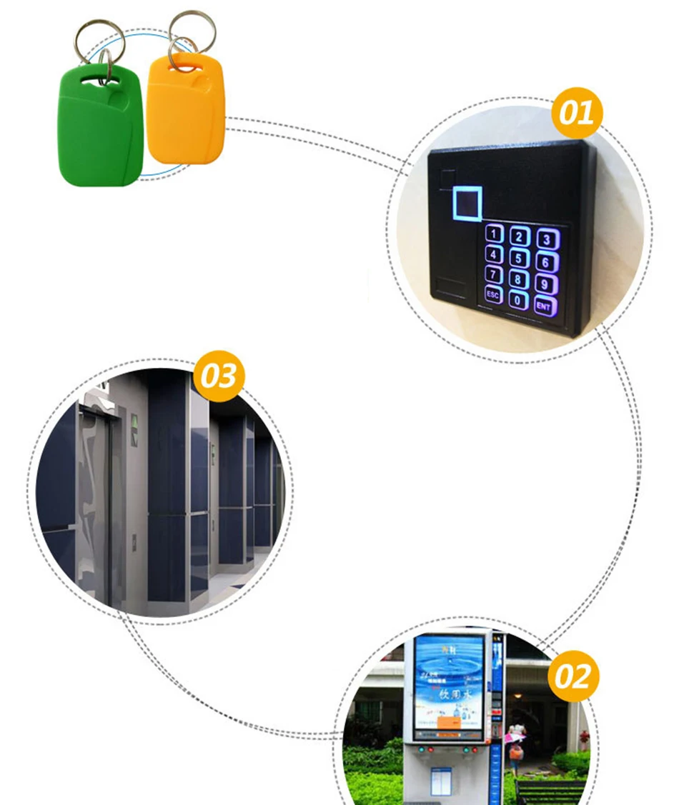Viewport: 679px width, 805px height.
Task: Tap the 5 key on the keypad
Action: pyautogui.click(x=520, y=259)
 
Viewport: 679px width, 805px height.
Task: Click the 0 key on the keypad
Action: pyautogui.click(x=517, y=300)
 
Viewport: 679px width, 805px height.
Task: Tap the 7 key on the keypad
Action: pyautogui.click(x=495, y=274)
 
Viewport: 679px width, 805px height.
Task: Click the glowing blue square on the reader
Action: pyautogui.click(x=467, y=203)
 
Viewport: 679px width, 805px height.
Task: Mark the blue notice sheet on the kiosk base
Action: pyautogui.click(x=441, y=781)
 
